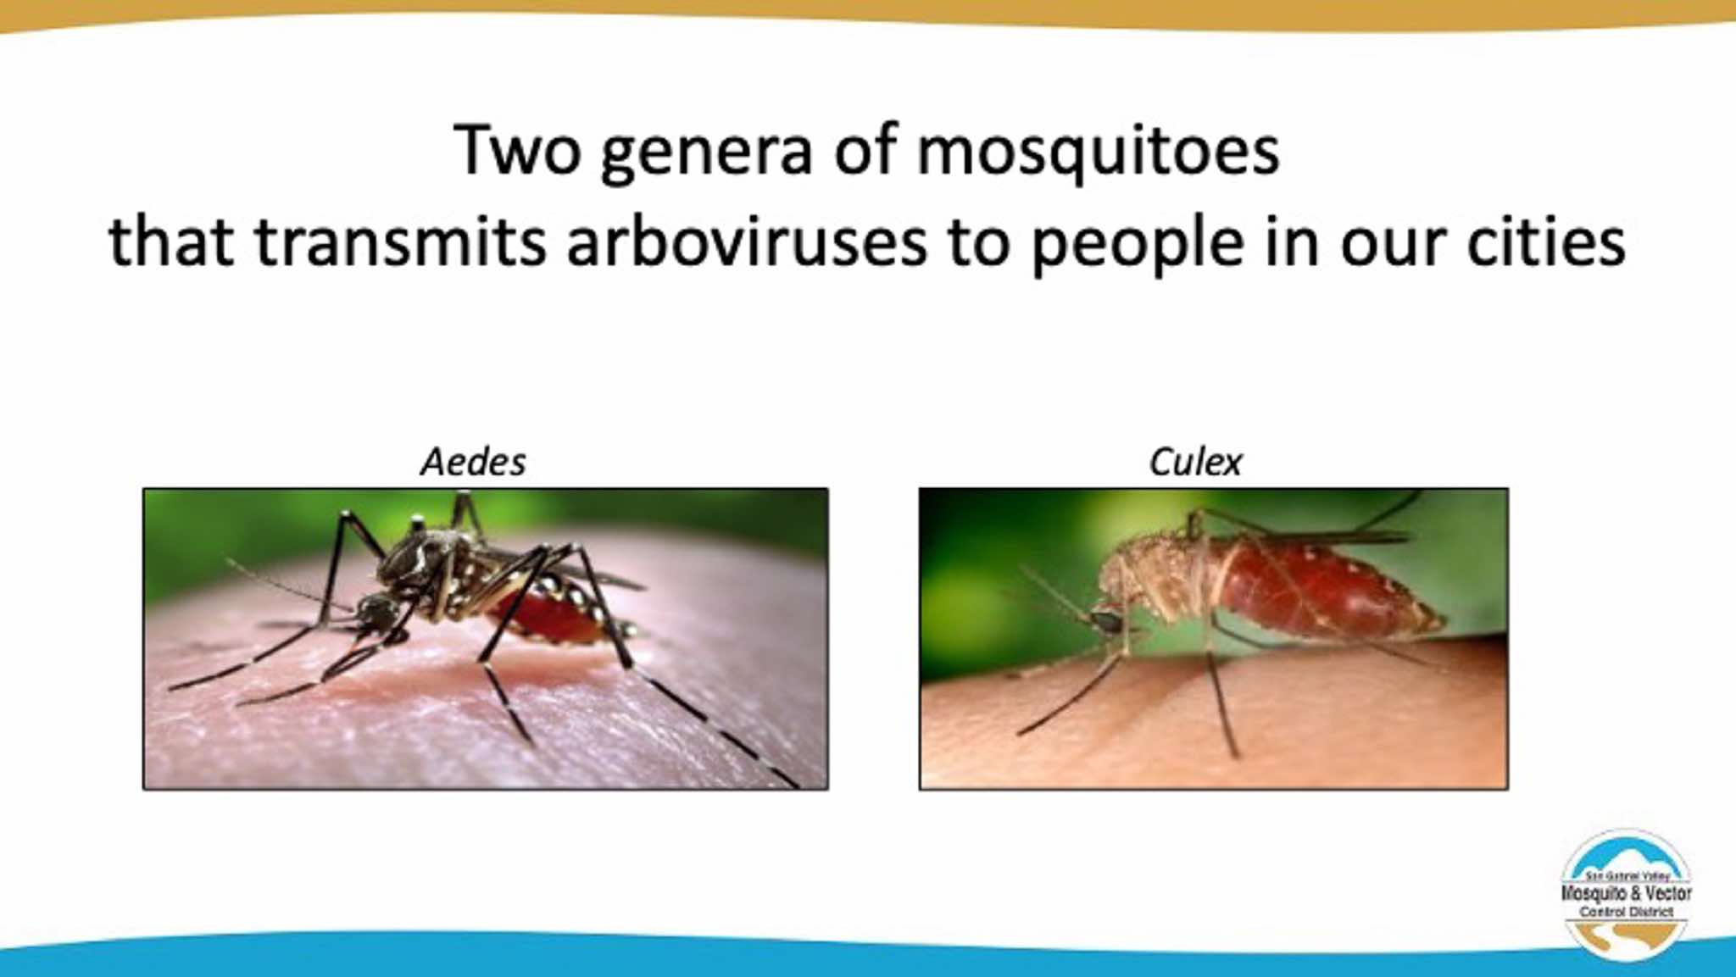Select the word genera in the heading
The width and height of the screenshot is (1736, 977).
(705, 158)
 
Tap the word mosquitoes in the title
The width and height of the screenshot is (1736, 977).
(1098, 153)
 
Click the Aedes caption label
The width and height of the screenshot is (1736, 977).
(473, 462)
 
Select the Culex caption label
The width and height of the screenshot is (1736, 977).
(1195, 462)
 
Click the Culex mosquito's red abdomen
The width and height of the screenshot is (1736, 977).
(1322, 593)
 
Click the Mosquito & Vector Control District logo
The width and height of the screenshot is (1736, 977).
(1626, 894)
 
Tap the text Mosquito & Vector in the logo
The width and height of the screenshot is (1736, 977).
(1626, 893)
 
